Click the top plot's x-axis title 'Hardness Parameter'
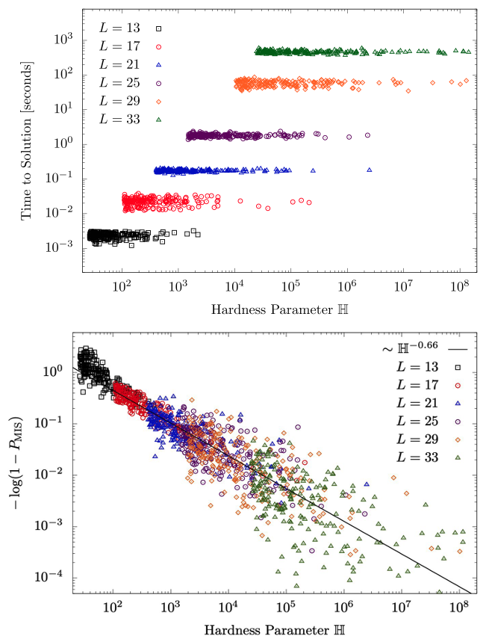click(x=276, y=308)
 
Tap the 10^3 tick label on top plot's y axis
click(x=65, y=39)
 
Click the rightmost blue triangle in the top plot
click(x=369, y=170)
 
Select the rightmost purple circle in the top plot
click(x=367, y=135)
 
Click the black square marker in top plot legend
click(x=158, y=28)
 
